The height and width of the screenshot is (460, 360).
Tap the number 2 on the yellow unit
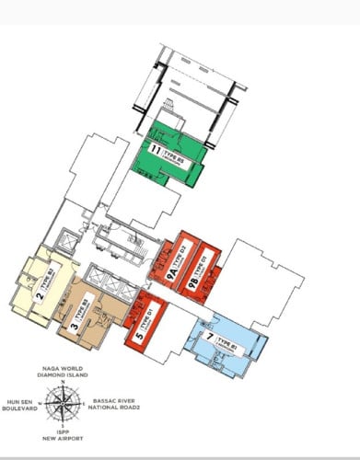[41, 295]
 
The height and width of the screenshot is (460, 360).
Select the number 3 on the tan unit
[73, 322]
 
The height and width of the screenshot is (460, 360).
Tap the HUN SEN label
[22, 402]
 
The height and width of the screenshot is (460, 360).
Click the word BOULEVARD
[20, 409]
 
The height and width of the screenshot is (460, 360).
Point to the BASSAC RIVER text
[115, 402]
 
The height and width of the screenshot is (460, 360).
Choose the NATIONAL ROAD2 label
[117, 409]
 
